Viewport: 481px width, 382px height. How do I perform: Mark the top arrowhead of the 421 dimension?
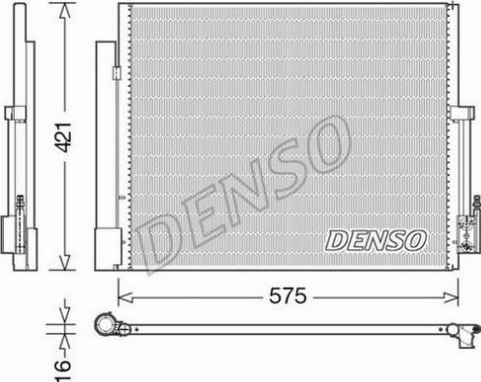point(66,9)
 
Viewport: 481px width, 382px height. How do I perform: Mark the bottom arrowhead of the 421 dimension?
point(66,266)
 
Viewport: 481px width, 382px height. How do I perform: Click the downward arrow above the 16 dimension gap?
point(66,313)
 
